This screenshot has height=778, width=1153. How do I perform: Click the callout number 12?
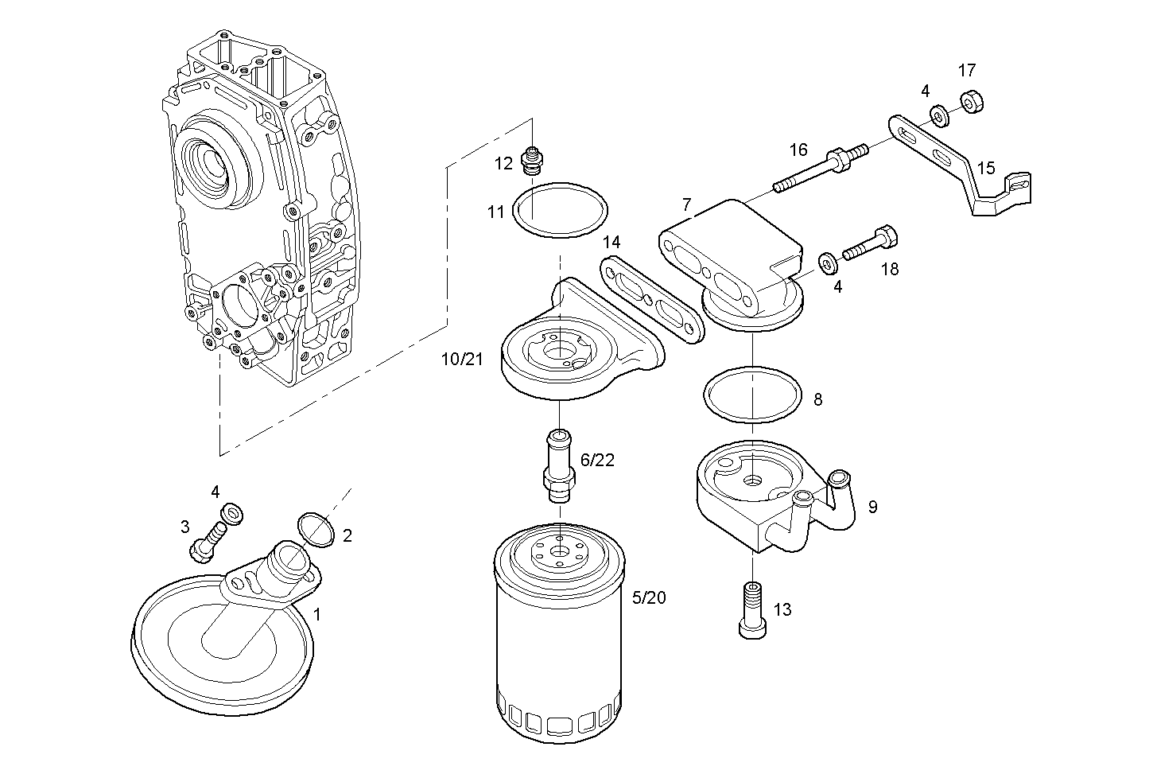point(503,164)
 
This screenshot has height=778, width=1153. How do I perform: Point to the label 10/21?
point(462,360)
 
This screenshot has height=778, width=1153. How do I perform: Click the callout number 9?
point(872,507)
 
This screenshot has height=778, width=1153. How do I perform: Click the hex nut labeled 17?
point(970,101)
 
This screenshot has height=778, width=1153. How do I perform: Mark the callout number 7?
point(687,205)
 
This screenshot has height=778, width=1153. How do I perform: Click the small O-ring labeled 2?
point(315,531)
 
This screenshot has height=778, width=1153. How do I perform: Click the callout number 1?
point(317,614)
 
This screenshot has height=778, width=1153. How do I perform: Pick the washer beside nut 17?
point(939,117)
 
